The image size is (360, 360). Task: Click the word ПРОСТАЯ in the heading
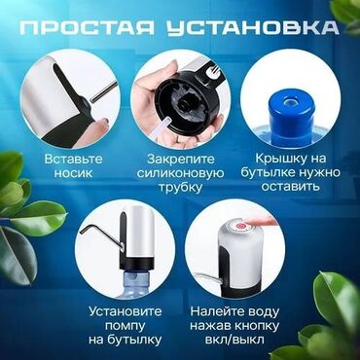(87, 28)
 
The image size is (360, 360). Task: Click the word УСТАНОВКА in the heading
(253, 28)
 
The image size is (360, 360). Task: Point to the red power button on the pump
(240, 226)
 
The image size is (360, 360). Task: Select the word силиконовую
(180, 173)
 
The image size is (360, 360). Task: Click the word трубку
(179, 188)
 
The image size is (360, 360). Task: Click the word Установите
(126, 311)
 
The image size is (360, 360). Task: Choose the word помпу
(126, 325)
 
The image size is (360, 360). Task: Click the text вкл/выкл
(234, 340)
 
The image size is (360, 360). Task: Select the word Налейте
(213, 312)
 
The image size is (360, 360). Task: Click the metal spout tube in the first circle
(103, 92)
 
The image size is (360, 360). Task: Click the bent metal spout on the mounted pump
(101, 235)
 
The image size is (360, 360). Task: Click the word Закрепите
(181, 160)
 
